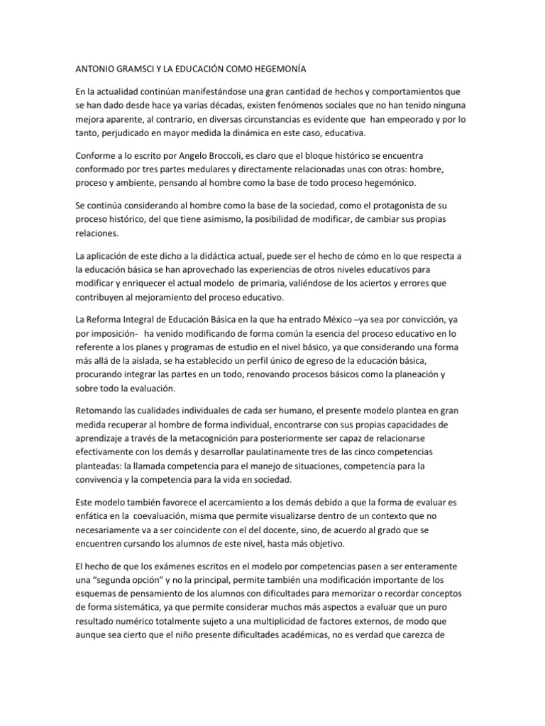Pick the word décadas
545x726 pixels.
pos(216,105)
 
